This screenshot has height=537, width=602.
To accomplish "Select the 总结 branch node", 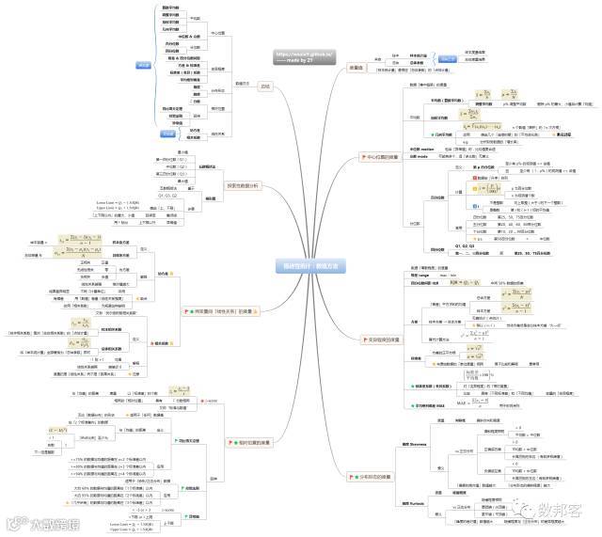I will point(264,86).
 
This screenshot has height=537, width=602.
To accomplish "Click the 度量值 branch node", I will point(357,67).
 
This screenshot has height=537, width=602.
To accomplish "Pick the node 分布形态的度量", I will point(366,477).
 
